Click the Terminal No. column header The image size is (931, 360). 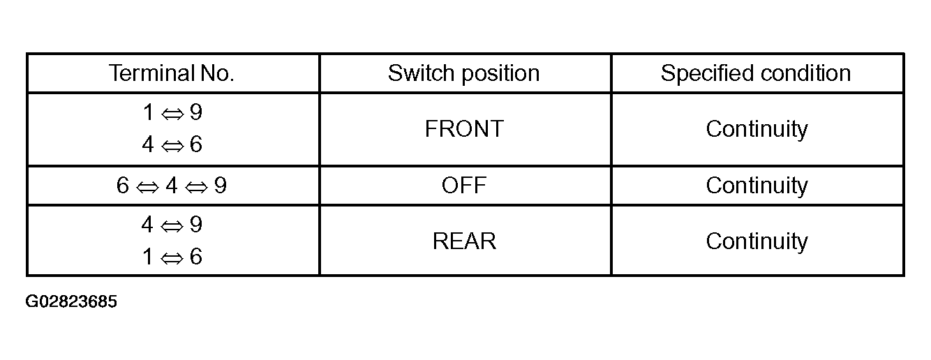click(172, 73)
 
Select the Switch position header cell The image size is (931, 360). click(464, 73)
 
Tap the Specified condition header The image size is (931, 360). click(756, 73)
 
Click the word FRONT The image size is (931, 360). click(464, 128)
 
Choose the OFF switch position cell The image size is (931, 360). click(464, 185)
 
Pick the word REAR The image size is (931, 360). click(464, 241)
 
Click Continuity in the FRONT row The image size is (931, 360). click(757, 129)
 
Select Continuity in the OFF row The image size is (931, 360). click(757, 186)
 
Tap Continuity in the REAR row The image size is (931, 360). click(757, 241)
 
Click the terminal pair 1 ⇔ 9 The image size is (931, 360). click(172, 112)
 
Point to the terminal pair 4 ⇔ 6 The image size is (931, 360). click(172, 144)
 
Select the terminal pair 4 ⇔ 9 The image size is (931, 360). click(172, 225)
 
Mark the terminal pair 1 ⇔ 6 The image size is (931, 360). click(172, 257)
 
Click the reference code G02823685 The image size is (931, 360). click(71, 301)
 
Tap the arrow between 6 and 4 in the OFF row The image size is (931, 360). click(147, 187)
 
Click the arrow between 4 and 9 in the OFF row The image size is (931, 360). click(195, 187)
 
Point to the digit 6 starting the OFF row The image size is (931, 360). click(123, 185)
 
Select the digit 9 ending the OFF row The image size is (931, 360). click(221, 185)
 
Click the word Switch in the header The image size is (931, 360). click(422, 73)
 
